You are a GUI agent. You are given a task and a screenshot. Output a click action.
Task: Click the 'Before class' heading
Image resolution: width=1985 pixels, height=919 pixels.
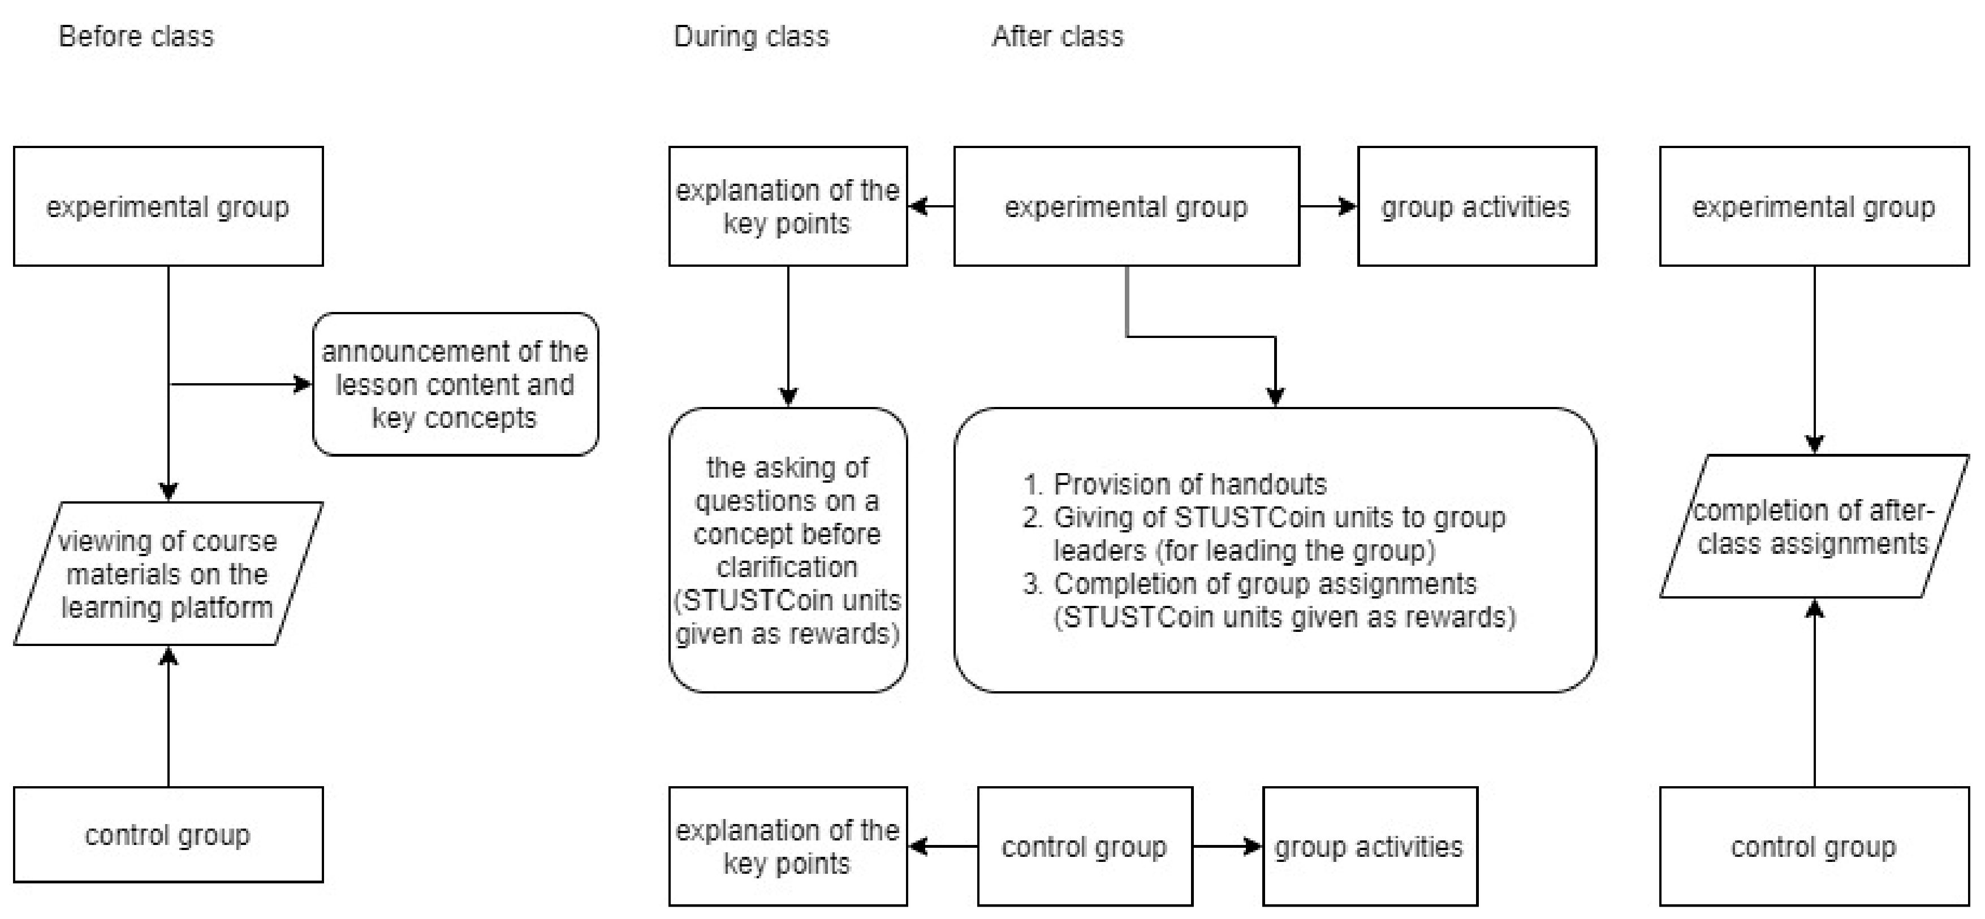pyautogui.click(x=136, y=36)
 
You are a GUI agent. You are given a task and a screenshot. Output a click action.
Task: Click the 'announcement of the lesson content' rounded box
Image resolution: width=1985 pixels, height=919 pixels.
pyautogui.click(x=455, y=384)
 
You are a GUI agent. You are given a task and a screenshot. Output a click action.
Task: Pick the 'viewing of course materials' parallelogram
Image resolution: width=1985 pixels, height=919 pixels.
pyautogui.click(x=167, y=574)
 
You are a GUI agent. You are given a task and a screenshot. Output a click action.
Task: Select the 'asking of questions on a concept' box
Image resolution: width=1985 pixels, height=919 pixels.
pyautogui.click(x=788, y=550)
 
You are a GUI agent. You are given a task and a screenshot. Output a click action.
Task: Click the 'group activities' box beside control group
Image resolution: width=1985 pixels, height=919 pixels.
pyautogui.click(x=1369, y=847)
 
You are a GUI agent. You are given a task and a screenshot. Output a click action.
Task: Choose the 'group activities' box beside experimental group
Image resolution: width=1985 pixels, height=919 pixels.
pyautogui.click(x=1475, y=206)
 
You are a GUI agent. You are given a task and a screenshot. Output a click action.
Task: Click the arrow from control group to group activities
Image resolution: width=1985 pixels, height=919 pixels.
pyautogui.click(x=1227, y=847)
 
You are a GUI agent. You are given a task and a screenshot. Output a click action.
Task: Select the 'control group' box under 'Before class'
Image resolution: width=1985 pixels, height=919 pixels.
pyautogui.click(x=167, y=835)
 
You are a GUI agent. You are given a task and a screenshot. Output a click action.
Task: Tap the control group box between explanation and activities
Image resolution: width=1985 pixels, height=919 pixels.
pyautogui.click(x=1084, y=847)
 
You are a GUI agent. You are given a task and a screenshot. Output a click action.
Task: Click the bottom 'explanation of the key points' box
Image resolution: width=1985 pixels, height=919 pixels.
pyautogui.click(x=788, y=847)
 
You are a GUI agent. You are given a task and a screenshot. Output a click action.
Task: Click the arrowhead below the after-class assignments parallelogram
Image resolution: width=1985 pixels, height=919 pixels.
pyautogui.click(x=1815, y=609)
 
